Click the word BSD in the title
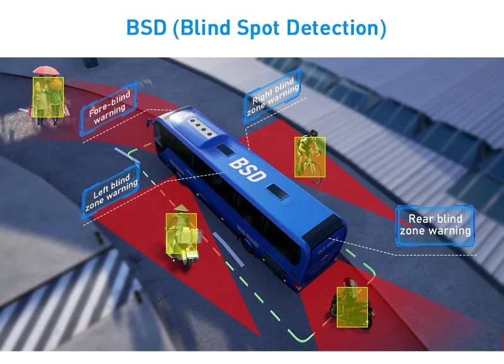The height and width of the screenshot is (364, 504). point(146,28)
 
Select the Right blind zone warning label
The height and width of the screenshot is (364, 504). point(273,97)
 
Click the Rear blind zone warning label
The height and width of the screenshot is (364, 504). point(435,225)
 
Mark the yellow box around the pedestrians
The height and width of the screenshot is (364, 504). point(49,98)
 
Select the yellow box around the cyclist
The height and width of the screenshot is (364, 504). point(310,157)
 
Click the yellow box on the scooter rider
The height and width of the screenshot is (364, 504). point(181,233)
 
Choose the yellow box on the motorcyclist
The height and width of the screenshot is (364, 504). point(352,307)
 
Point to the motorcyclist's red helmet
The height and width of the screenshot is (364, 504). point(349,283)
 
